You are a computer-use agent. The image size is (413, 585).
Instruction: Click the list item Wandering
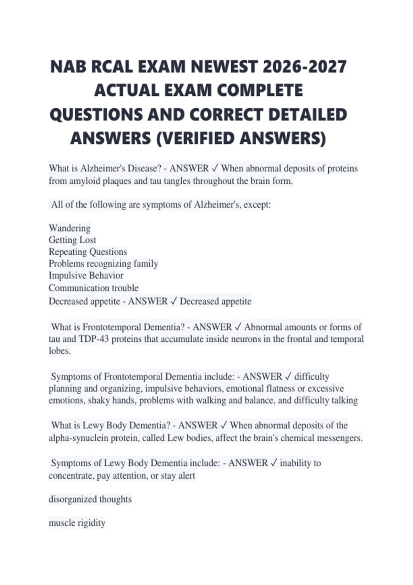point(70,228)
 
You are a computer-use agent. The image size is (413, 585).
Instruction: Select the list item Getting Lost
point(72,240)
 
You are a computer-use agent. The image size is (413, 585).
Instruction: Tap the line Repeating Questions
point(88,252)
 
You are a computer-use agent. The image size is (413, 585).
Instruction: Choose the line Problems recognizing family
point(103,264)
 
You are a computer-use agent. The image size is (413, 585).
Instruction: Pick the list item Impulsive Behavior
point(86,275)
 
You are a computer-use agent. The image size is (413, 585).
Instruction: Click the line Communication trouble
point(94,288)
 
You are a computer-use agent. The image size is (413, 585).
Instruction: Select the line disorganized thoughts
point(90,499)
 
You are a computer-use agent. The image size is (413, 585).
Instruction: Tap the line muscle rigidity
point(77,523)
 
